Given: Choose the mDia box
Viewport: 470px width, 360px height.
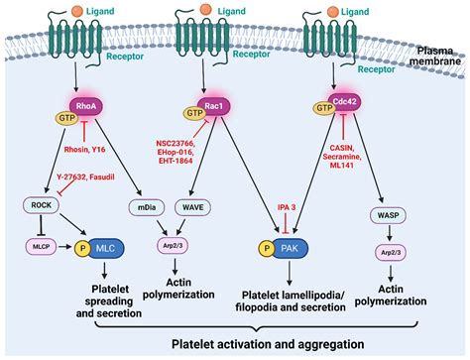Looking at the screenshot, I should [x=146, y=207].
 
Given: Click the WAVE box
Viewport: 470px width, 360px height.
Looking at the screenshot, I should [x=192, y=207].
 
